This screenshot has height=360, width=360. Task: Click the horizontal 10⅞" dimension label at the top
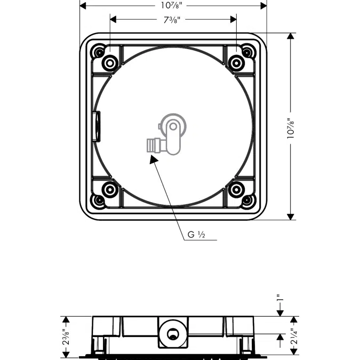(173, 5)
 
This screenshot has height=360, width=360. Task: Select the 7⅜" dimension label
(173, 20)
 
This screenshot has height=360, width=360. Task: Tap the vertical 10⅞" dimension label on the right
(290, 129)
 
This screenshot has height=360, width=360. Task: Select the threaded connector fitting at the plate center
(154, 145)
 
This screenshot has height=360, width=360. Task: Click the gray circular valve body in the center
(174, 126)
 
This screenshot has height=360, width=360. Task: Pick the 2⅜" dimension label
(66, 337)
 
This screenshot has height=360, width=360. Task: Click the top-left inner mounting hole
(109, 63)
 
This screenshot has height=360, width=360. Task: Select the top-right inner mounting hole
(236, 63)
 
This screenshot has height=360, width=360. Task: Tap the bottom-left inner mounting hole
(109, 189)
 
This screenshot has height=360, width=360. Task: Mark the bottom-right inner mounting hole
(236, 189)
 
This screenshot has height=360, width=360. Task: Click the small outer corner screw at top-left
(98, 52)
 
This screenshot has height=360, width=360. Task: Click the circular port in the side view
(172, 334)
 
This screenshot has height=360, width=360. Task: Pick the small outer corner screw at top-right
(247, 52)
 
